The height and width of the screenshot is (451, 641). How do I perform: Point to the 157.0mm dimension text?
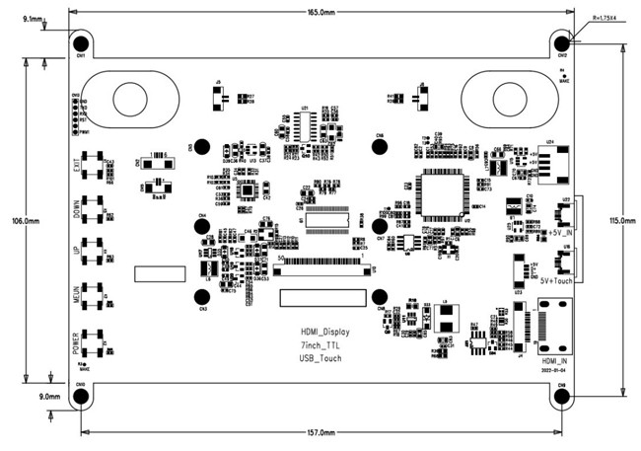(x=321, y=432)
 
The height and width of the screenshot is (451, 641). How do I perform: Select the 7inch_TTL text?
(x=321, y=345)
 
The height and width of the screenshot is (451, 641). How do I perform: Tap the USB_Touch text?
(x=321, y=358)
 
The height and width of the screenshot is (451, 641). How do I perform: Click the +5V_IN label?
(x=558, y=232)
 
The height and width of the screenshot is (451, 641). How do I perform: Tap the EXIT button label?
(x=76, y=165)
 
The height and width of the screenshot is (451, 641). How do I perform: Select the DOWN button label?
(x=76, y=210)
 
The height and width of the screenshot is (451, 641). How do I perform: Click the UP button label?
(x=76, y=252)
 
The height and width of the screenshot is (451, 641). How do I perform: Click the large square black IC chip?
(x=440, y=194)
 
